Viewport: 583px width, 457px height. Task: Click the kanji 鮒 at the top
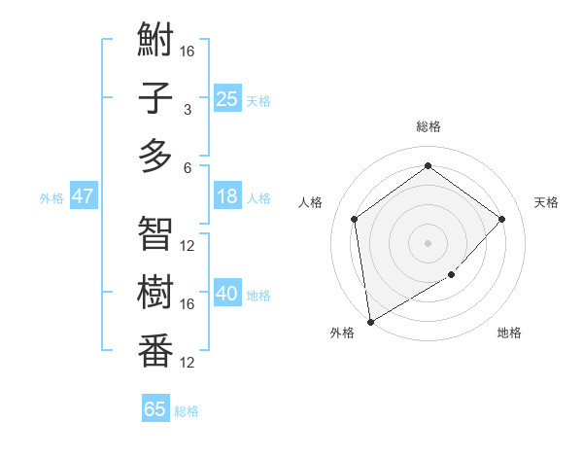point(155,41)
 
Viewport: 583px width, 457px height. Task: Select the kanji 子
point(155,98)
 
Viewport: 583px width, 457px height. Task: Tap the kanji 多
point(155,155)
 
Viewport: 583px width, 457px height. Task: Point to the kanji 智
point(155,233)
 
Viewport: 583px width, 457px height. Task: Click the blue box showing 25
point(226,99)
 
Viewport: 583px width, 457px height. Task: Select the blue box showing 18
point(226,196)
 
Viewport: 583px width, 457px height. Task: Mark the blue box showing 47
point(83,196)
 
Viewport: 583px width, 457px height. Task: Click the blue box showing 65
point(155,409)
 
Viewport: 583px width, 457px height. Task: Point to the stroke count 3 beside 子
point(188,109)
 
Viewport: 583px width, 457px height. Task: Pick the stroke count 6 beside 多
point(188,166)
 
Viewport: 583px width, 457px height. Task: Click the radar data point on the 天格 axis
point(501,219)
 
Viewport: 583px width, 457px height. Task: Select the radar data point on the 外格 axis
point(370,322)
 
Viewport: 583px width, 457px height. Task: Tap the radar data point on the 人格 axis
point(354,219)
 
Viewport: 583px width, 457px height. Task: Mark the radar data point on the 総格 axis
point(428,165)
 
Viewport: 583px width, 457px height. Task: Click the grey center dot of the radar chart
point(428,242)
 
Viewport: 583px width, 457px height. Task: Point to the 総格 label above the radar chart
point(428,126)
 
